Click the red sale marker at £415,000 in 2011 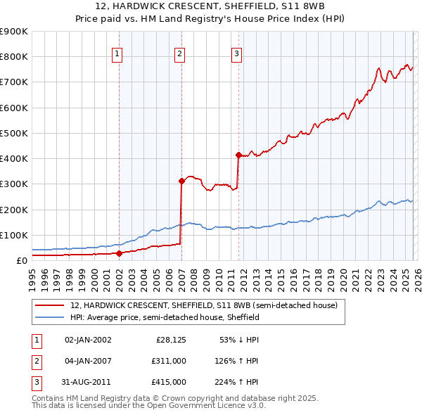(x=239, y=155)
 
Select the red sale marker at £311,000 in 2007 (x=181, y=181)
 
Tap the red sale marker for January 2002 (x=119, y=253)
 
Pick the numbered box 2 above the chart (x=179, y=53)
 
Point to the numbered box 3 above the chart (x=237, y=53)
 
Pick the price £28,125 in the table (x=171, y=340)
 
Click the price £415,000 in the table (x=170, y=382)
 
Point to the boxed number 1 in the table (x=35, y=340)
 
